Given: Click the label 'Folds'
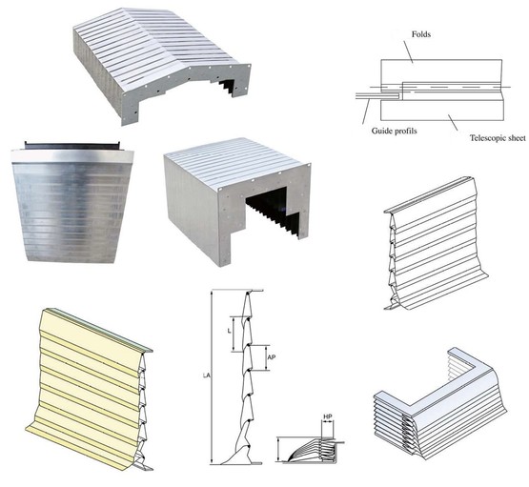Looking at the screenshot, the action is [x=421, y=34].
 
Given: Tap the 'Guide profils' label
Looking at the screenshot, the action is [x=394, y=131].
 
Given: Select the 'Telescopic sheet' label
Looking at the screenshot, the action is [x=498, y=138].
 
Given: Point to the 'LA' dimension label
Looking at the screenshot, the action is [x=206, y=375].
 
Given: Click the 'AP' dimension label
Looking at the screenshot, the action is [x=272, y=357].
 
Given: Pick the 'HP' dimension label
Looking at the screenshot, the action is [x=328, y=417].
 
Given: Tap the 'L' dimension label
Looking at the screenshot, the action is [x=230, y=331].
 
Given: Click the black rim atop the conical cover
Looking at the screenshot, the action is [x=72, y=146].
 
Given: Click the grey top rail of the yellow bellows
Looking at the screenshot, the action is [x=98, y=330].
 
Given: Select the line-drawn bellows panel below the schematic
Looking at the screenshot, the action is [x=436, y=243].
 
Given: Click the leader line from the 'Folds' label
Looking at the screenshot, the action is [x=408, y=51].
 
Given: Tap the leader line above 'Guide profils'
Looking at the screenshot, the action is [x=366, y=111].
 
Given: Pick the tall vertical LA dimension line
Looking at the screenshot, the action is [x=212, y=376].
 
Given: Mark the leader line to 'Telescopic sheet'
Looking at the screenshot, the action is [x=453, y=122].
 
